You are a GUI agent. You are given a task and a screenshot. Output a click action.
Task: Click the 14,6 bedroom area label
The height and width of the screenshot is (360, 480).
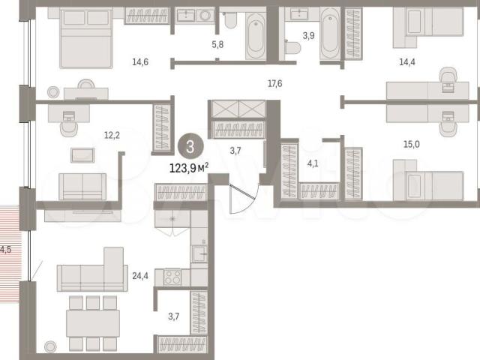click(140, 62)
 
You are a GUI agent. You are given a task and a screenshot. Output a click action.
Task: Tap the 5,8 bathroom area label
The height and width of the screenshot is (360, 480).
click(217, 45)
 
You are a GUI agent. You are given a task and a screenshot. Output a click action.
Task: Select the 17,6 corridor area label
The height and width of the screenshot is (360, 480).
click(275, 83)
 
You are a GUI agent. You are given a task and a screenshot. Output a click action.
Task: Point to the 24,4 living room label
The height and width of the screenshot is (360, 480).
click(140, 276)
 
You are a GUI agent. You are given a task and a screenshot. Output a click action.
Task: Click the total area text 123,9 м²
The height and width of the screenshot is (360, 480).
click(189, 168)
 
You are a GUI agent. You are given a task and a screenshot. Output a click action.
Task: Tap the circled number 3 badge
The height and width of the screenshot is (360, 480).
click(190, 146)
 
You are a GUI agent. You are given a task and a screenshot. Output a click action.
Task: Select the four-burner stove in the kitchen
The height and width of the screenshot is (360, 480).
click(172, 277)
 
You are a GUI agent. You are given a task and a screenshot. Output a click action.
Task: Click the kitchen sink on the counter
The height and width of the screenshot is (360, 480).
click(199, 253)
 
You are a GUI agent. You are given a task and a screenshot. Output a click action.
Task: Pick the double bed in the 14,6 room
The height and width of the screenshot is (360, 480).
click(86, 37)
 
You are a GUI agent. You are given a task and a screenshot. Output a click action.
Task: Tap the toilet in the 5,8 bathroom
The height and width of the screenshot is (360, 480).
click(229, 20)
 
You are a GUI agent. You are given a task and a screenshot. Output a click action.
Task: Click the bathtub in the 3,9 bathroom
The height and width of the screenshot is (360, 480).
click(330, 34)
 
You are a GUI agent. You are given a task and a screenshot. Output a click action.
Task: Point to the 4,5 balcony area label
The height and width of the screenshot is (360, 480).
click(5, 250)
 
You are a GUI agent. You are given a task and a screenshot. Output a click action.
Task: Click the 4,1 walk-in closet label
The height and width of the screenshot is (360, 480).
click(313, 163)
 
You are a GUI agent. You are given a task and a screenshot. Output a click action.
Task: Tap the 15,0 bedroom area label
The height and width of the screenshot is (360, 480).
click(412, 144)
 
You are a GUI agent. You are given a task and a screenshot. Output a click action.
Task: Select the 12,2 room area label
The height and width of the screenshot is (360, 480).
click(112, 135)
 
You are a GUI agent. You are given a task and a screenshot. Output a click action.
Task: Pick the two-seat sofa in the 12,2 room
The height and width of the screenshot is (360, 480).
click(82, 187)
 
